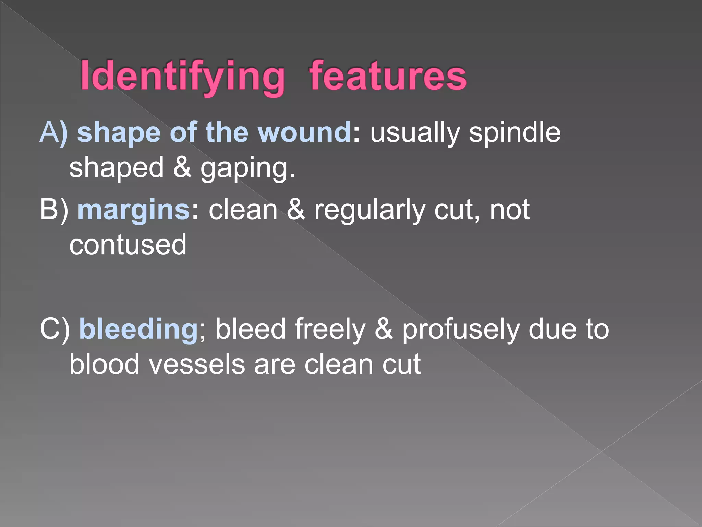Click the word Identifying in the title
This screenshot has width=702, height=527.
click(182, 76)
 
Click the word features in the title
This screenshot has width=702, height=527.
click(388, 76)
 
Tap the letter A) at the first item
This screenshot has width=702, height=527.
click(53, 132)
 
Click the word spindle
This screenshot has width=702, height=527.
click(515, 132)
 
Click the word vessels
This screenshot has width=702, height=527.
click(197, 364)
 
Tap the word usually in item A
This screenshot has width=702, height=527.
click(415, 133)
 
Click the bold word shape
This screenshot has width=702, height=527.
click(119, 133)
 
